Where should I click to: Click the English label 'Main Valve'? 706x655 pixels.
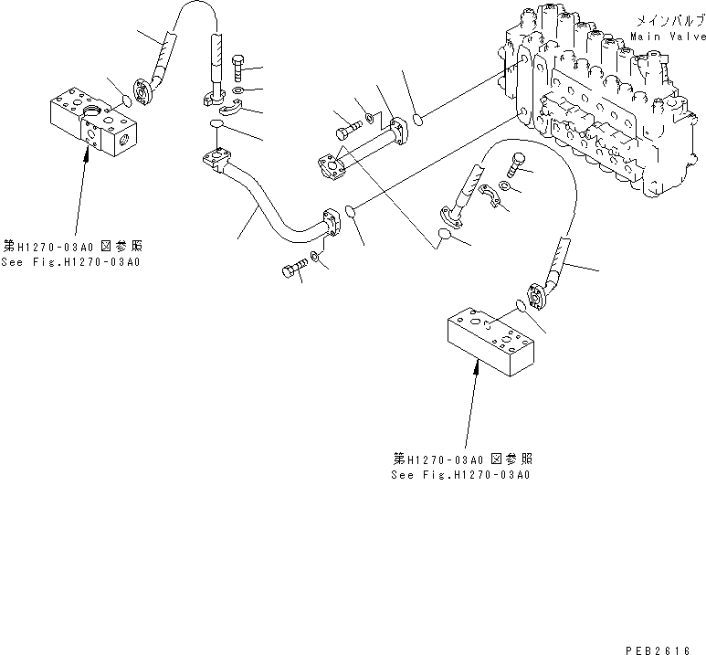pyautogui.click(x=668, y=37)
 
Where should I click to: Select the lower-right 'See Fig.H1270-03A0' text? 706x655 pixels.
pyautogui.click(x=461, y=474)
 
